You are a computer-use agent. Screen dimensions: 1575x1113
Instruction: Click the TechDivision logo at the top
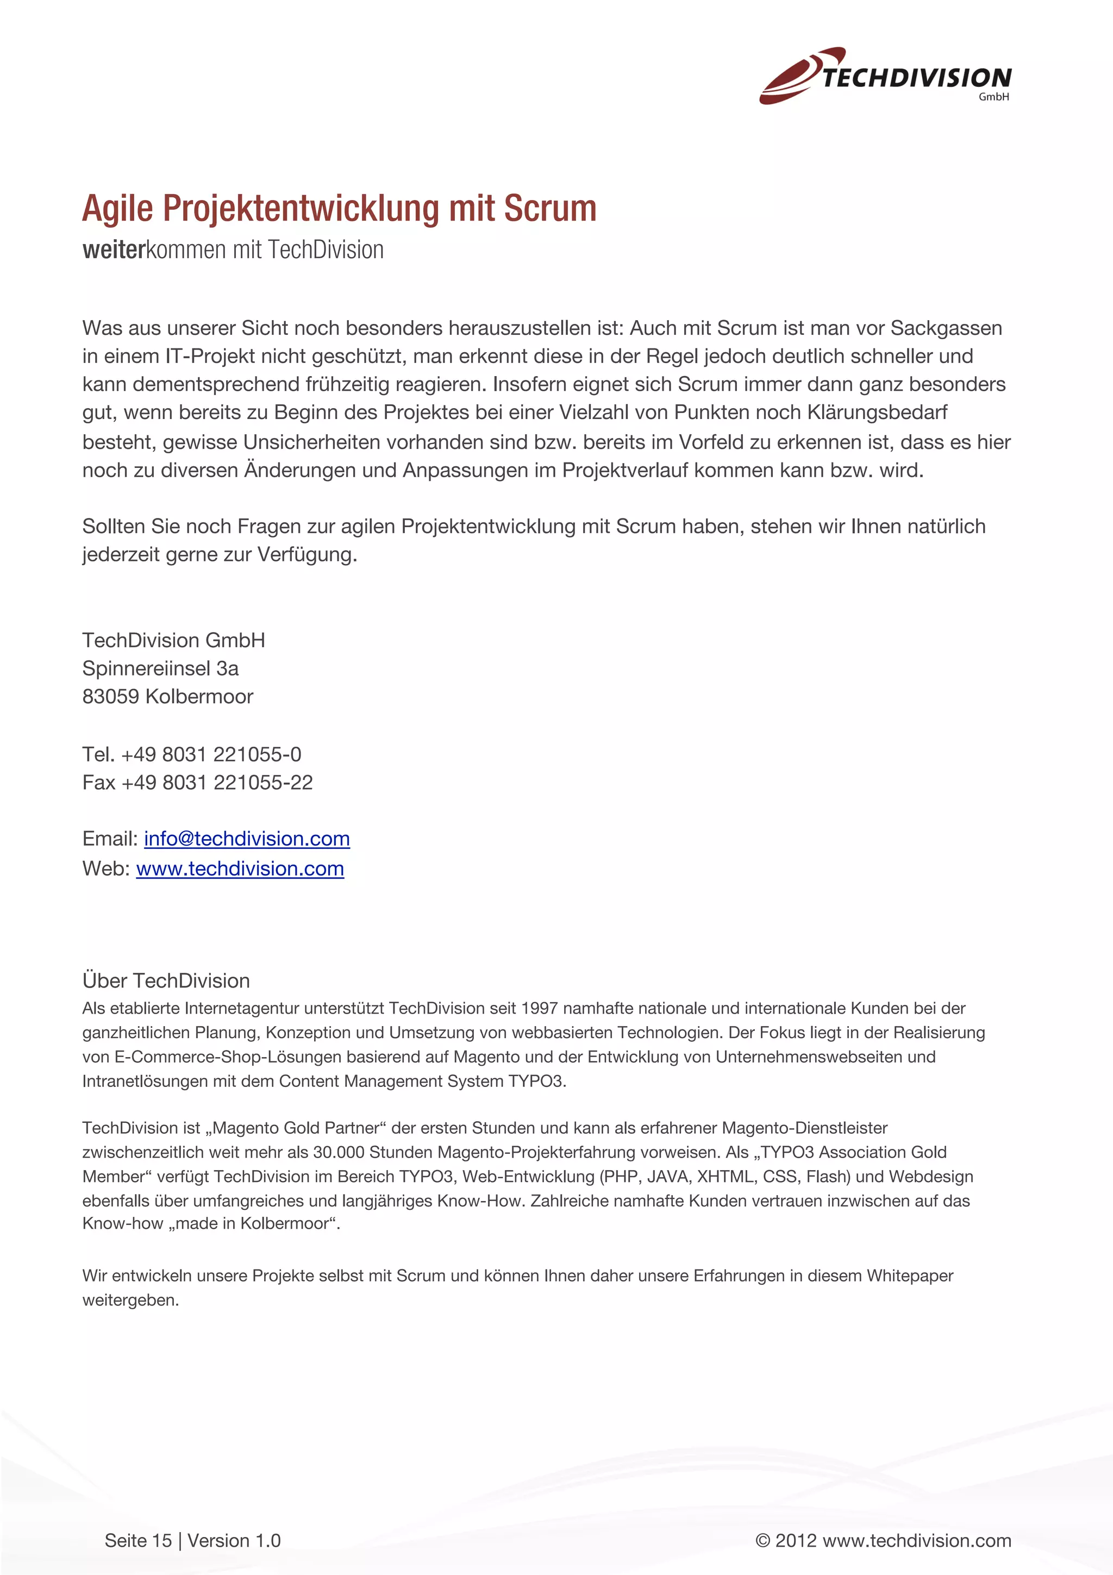pos(885,76)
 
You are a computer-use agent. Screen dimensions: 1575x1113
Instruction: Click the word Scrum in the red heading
pos(550,209)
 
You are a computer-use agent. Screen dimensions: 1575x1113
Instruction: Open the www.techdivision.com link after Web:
pos(240,868)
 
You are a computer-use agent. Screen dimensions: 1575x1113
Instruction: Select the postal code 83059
pos(110,696)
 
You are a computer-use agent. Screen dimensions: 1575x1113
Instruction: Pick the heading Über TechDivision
pos(166,980)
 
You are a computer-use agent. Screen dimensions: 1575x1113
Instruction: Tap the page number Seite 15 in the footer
pos(138,1540)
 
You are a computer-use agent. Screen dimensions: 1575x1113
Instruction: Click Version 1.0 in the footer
pos(234,1540)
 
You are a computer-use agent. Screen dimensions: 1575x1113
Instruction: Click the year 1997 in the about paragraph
pos(539,1008)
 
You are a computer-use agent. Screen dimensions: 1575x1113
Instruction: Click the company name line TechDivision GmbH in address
pos(173,640)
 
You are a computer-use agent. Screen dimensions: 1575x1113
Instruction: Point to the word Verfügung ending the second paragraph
pos(307,554)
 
